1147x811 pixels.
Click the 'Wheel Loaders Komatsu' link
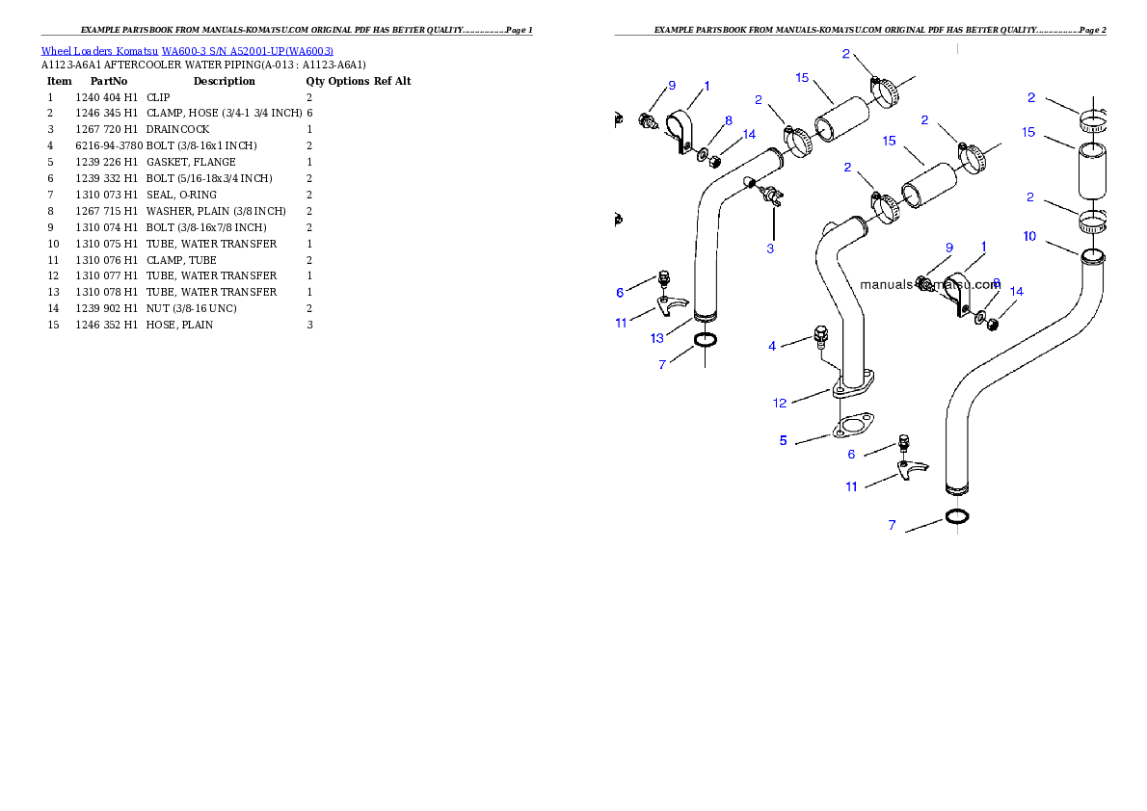coord(99,51)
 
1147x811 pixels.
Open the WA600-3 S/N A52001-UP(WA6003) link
coord(248,51)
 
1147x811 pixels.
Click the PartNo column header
coord(108,81)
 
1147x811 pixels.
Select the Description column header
coord(224,81)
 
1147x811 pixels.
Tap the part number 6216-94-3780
coord(109,145)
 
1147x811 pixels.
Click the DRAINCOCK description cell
coord(177,129)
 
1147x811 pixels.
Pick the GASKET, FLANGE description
coord(191,163)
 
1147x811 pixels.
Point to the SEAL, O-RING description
coord(181,195)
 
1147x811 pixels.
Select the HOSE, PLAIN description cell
coord(179,325)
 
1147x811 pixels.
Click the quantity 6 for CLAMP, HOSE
coord(309,114)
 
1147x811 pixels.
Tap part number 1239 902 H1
coord(106,308)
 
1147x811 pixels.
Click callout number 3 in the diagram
coord(770,249)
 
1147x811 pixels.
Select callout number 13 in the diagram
coord(657,338)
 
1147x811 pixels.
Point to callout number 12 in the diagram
coord(780,403)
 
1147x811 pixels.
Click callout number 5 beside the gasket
coord(784,440)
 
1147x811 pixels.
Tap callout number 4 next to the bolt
coord(772,346)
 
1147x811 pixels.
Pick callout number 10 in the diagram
coord(1030,236)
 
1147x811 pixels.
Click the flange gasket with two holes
coord(854,425)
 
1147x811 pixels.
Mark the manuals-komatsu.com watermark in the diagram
coord(930,284)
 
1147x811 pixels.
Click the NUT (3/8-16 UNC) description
coord(191,308)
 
